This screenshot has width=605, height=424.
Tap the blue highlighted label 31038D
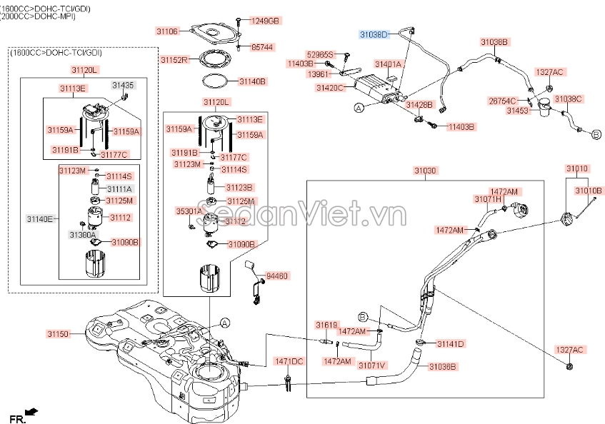point(373,34)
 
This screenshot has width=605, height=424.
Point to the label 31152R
point(174,59)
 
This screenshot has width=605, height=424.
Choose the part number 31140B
point(252,81)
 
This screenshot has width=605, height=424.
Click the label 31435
point(123,85)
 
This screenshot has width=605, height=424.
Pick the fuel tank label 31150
point(59,333)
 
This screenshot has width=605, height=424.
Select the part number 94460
point(276,275)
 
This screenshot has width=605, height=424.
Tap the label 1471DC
point(289,361)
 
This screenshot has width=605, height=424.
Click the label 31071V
point(371,365)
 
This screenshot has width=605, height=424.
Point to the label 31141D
point(450,344)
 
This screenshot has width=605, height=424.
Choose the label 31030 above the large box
point(424,171)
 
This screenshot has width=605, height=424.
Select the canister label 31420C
point(330,88)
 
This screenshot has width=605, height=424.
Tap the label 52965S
point(320,54)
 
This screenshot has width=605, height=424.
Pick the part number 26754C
point(502,101)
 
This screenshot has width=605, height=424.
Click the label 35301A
point(189,211)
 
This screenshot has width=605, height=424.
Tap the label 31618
point(326,325)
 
